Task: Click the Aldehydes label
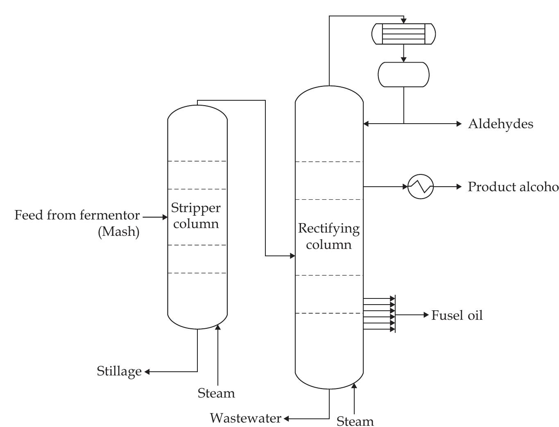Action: click(500, 124)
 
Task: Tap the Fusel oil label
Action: click(457, 315)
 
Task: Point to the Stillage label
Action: click(119, 371)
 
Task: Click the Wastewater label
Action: click(245, 418)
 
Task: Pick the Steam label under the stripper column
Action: click(216, 393)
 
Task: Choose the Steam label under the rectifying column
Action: click(355, 421)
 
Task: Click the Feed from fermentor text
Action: click(77, 215)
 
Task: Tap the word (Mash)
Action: click(119, 232)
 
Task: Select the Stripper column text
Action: click(196, 216)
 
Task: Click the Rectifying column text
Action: click(329, 236)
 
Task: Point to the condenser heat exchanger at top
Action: click(403, 34)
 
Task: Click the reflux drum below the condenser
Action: click(403, 75)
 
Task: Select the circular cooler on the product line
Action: click(421, 187)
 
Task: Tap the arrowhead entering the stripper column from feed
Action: click(165, 217)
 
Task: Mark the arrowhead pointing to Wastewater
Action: click(287, 419)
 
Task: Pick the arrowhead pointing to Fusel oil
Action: click(425, 315)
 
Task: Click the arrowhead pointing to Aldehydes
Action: click(459, 124)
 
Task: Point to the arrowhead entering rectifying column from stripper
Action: click(292, 256)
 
